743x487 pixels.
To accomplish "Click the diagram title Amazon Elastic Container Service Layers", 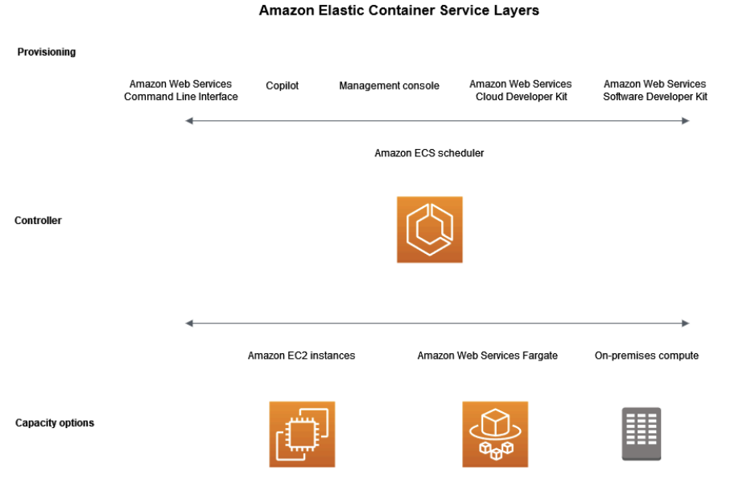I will tap(398, 11).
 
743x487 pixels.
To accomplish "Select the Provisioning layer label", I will tap(47, 52).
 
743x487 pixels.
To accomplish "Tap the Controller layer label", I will tap(38, 221).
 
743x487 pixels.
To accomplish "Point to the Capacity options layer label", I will tap(55, 423).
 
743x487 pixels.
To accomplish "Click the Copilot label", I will tap(282, 85).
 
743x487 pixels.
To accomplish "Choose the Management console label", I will tap(389, 86).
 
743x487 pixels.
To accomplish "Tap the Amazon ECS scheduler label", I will tap(429, 153).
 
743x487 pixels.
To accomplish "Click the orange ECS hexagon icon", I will tap(429, 230).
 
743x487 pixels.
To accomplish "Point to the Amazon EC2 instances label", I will tap(301, 356).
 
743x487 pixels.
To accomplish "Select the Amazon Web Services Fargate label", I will tap(487, 356).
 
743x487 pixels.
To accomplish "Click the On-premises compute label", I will tap(646, 356).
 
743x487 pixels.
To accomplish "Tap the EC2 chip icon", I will tap(302, 435).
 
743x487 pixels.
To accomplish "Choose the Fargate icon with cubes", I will tap(495, 435).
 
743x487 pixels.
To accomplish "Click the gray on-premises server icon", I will tap(641, 434).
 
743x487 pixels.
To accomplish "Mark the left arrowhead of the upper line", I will tap(188, 121).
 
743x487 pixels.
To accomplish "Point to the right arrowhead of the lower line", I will tap(686, 323).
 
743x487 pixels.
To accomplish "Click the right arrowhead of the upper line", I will tap(686, 121).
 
